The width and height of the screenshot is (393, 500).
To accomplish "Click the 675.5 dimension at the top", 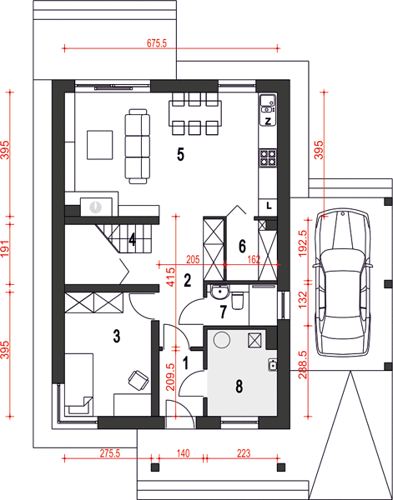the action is [x=157, y=43].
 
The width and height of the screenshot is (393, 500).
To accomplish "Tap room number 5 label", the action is [x=181, y=155].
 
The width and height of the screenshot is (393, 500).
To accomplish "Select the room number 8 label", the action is [x=239, y=387].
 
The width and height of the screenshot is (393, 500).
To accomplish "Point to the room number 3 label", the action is [x=117, y=337].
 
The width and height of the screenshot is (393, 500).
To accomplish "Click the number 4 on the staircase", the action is [x=132, y=240].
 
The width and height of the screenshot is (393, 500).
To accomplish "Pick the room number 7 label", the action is [x=223, y=312].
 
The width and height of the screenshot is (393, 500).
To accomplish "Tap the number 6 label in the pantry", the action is [x=242, y=246].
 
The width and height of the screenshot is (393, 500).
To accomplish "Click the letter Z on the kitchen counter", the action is [x=268, y=121].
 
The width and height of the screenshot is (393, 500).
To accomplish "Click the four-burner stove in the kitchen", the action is [x=268, y=158].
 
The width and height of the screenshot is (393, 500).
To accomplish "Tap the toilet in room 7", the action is [x=238, y=301].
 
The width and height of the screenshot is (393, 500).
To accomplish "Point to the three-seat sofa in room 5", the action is [x=138, y=147].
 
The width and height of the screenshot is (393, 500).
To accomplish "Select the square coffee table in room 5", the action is [x=100, y=144].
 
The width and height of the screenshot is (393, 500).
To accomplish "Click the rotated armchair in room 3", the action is [x=139, y=380].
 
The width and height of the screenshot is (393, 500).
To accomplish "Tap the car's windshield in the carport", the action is [x=343, y=258].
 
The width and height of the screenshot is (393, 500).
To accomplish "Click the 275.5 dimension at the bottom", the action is [x=108, y=453].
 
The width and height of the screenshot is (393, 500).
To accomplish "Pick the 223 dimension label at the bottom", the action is [x=244, y=453].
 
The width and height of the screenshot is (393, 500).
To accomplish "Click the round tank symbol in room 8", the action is [x=222, y=340].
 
